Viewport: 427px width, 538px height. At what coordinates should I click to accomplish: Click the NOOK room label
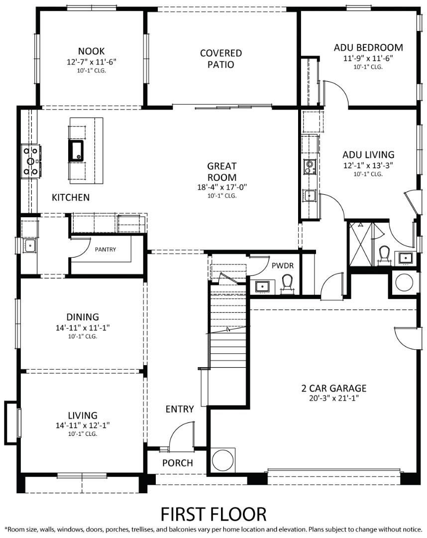(91, 51)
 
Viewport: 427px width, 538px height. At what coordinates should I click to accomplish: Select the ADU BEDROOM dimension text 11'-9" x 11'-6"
(368, 58)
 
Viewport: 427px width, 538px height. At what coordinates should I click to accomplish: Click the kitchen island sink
(77, 150)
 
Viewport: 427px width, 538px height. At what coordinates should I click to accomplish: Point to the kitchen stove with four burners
(30, 161)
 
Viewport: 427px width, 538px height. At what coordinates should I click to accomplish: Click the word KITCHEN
(71, 197)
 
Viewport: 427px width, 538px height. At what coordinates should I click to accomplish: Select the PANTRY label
(105, 249)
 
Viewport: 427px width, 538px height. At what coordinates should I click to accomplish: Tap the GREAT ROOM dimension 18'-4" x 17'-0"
(222, 187)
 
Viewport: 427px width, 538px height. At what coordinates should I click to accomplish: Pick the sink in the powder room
(262, 286)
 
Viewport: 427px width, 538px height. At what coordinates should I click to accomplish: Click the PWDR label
(282, 266)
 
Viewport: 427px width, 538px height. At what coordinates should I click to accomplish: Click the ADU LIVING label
(368, 154)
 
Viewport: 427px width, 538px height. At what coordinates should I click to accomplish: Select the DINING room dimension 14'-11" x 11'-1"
(83, 327)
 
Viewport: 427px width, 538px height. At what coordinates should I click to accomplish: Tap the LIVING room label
(83, 415)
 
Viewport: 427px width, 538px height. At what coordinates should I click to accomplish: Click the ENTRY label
(180, 409)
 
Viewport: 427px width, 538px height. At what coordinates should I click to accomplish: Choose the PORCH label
(178, 463)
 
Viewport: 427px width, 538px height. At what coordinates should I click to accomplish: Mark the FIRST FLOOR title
(213, 513)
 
